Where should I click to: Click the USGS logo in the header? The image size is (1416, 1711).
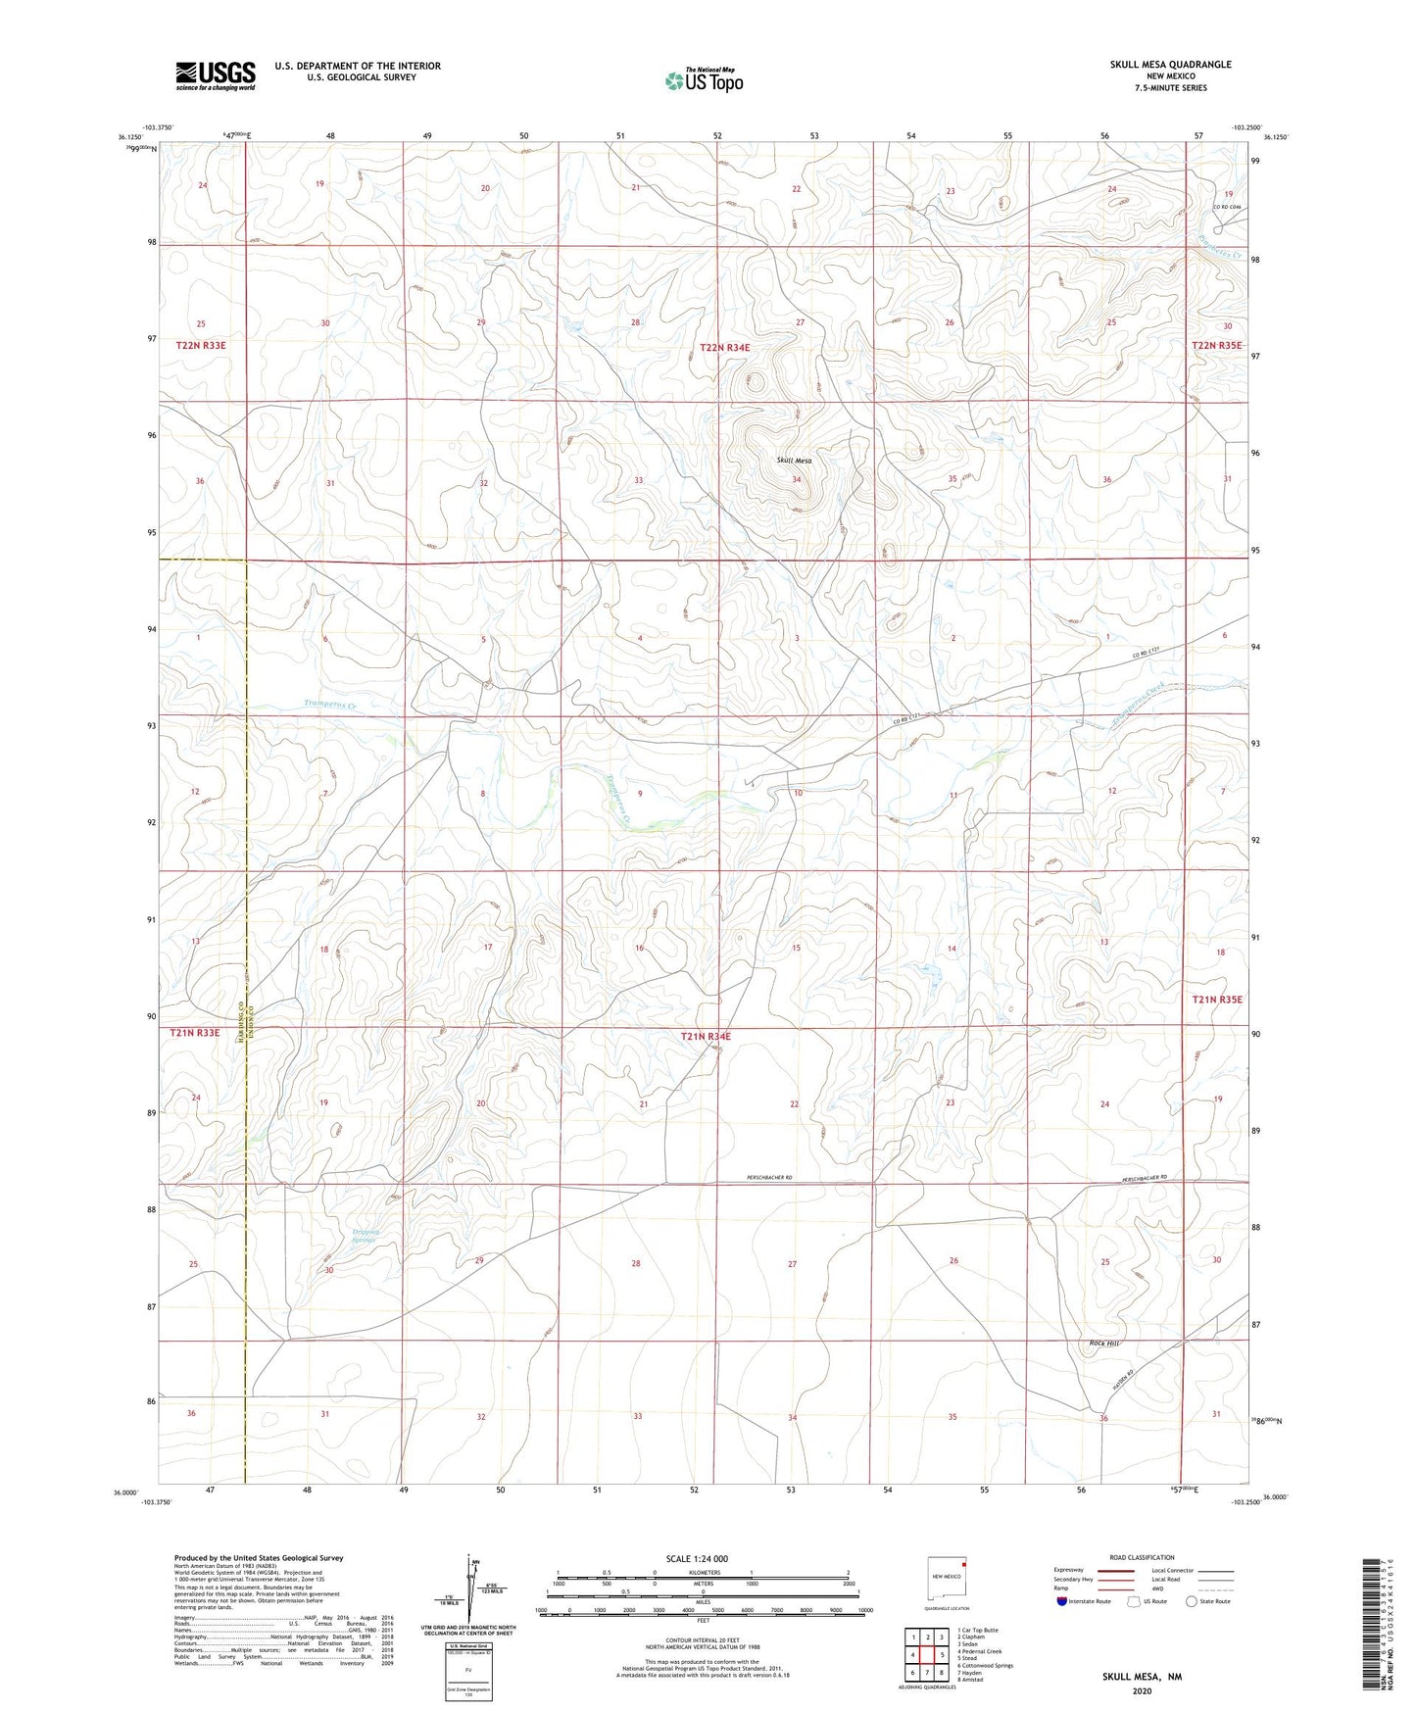(x=216, y=75)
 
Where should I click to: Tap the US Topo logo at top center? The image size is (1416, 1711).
(x=704, y=79)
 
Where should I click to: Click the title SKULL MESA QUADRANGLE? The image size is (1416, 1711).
(x=1170, y=65)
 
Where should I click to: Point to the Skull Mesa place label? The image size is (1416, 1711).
(x=794, y=461)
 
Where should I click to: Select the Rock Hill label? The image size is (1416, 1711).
(x=1102, y=1344)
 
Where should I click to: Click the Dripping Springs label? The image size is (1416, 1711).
(x=364, y=1236)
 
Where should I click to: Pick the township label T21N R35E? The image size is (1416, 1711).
(x=1216, y=1000)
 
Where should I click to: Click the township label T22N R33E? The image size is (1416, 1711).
(x=207, y=346)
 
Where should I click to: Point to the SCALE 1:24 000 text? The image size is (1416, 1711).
(x=697, y=1558)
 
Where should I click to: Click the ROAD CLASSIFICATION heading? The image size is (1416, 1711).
(x=1142, y=1557)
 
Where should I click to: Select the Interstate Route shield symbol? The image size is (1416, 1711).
(x=1063, y=1602)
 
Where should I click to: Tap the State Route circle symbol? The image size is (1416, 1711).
(x=1192, y=1602)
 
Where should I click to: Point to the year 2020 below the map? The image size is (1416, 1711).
(x=1141, y=1690)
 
